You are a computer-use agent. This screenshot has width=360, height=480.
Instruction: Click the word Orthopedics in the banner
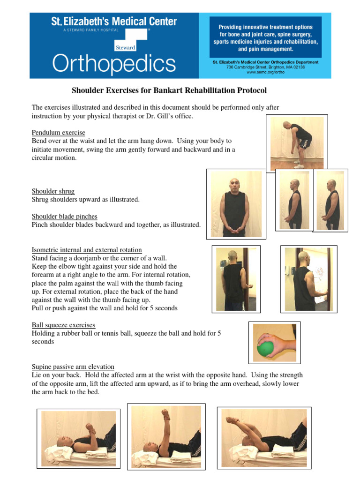[x=114, y=63]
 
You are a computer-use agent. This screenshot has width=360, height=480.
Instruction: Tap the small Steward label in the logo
[x=125, y=47]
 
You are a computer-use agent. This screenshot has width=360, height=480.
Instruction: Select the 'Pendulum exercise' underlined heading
[x=58, y=133]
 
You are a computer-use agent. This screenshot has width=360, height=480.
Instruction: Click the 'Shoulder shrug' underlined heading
[x=53, y=191]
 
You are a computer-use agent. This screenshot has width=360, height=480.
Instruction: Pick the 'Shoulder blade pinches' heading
[x=65, y=217]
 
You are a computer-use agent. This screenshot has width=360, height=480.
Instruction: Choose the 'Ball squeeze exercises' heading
[x=63, y=325]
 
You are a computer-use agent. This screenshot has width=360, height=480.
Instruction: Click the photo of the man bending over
[x=297, y=142]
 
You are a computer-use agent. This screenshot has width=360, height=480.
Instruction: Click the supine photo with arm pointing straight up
[x=166, y=434]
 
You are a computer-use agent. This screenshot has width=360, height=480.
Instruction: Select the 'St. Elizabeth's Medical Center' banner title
[x=114, y=22]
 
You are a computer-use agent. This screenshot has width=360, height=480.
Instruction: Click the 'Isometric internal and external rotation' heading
[x=87, y=250]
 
